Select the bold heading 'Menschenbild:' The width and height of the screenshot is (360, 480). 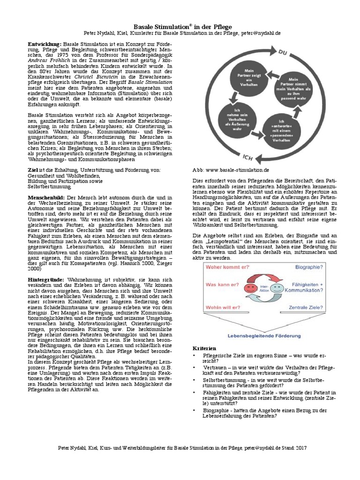(47, 198)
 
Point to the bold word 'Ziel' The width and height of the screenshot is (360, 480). (32, 169)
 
